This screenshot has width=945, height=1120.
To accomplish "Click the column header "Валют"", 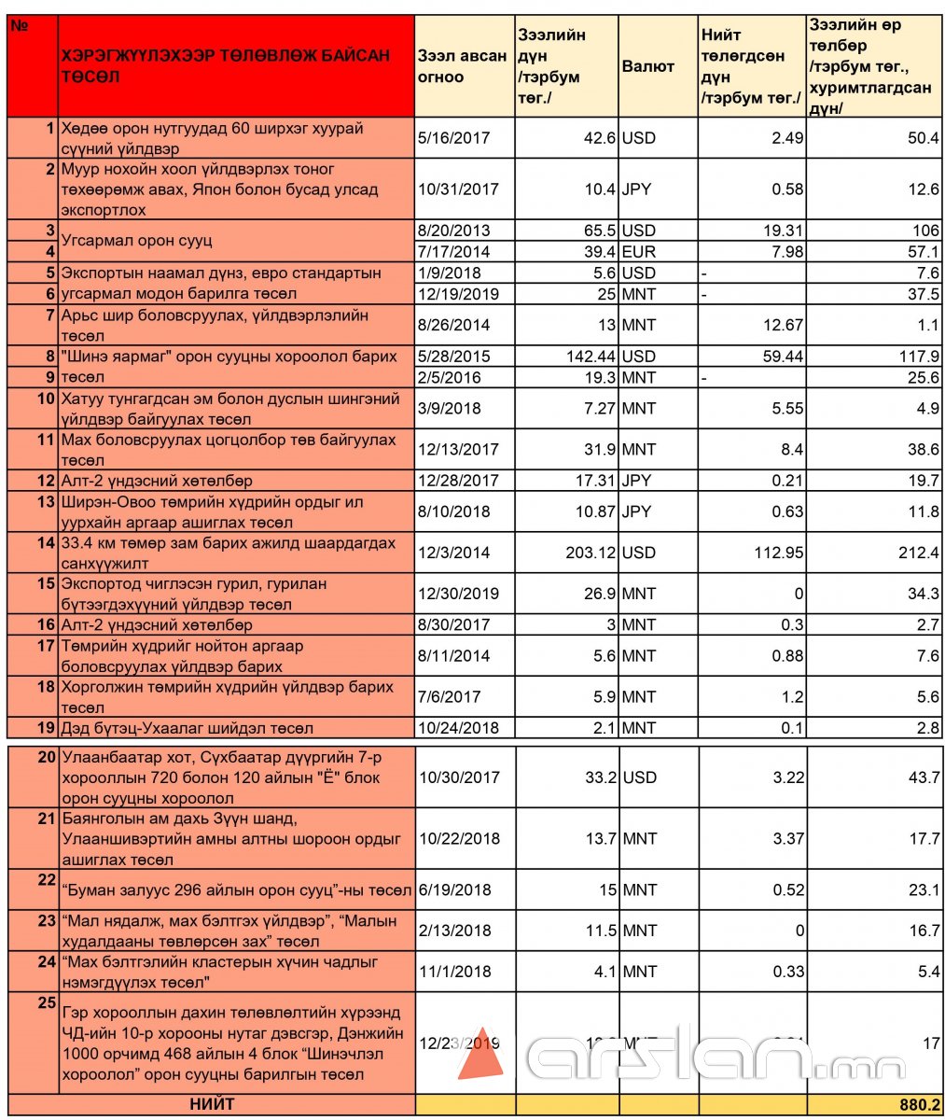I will (647, 66).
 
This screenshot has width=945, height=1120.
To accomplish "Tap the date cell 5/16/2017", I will (454, 138).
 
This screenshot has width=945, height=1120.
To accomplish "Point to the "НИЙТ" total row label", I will (212, 1104).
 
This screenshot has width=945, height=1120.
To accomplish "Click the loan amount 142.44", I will (587, 357).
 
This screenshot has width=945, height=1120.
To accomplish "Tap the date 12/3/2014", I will (454, 553).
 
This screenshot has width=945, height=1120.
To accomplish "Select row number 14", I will (46, 543).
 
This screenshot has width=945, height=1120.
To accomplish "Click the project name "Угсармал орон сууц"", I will (136, 241).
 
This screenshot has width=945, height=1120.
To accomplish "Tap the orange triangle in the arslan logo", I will (480, 1055).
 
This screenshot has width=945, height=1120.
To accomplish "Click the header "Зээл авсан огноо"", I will (463, 66).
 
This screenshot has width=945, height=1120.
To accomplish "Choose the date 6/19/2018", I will (455, 889).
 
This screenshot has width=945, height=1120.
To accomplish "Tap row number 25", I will (47, 1002).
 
